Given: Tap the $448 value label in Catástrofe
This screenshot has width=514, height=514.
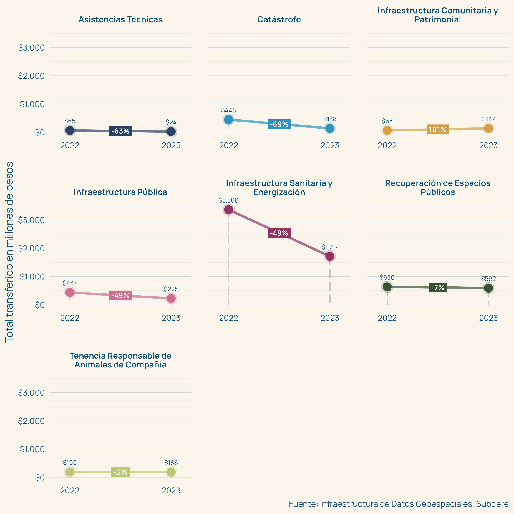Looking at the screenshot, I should (228, 110).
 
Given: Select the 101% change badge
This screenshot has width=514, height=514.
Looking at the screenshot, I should (438, 129).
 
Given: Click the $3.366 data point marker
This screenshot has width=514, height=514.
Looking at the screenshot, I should (228, 210).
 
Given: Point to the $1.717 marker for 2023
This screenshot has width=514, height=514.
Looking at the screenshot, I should (330, 256).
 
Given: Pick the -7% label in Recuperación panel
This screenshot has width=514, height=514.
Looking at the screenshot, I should (438, 287).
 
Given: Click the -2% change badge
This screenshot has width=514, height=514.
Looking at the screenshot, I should (120, 472).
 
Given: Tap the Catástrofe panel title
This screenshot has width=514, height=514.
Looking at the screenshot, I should (279, 19).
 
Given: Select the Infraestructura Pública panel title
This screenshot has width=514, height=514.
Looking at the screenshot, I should (120, 192).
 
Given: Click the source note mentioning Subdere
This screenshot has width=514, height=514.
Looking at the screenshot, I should (399, 504).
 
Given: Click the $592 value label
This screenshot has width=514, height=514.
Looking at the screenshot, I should (488, 279).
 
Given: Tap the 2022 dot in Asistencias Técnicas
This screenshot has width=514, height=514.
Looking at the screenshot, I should (70, 130).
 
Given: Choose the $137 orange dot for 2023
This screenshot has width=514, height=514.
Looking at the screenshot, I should (488, 128).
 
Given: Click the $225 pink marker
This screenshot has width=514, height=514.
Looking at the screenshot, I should (171, 298).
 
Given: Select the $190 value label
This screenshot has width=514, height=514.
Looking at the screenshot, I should (70, 463).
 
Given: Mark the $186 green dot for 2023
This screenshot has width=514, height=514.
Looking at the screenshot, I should (171, 472).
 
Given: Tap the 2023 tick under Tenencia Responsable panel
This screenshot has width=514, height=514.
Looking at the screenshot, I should (171, 490).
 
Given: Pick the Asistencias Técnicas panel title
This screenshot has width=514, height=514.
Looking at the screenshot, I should (120, 19).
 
